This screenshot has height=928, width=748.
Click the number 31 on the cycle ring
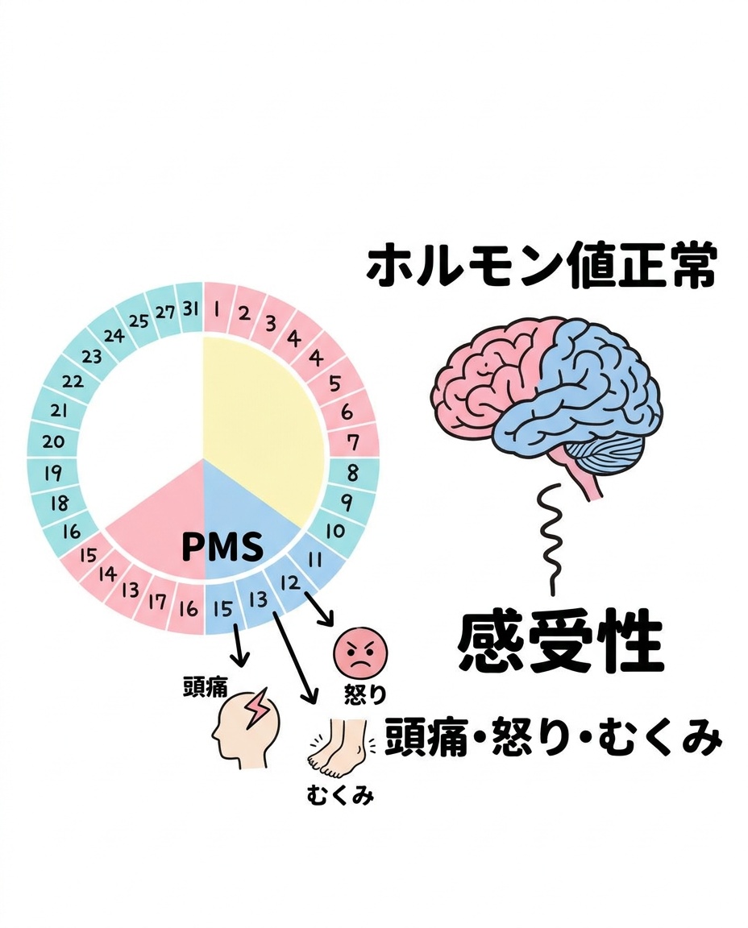[x=190, y=309]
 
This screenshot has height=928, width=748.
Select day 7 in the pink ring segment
[x=353, y=441]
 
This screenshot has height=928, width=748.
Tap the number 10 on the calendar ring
[x=335, y=531]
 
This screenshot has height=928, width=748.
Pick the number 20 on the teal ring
[x=53, y=441]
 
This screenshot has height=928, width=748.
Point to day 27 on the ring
[x=165, y=312]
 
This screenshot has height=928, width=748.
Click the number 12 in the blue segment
[x=290, y=583]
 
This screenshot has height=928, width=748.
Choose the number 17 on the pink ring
[x=157, y=602]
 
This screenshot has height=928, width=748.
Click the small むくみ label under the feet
[x=340, y=796]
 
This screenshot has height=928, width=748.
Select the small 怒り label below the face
[x=365, y=694]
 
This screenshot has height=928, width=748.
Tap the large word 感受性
[x=560, y=642]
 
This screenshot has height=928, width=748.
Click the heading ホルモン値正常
[x=542, y=266]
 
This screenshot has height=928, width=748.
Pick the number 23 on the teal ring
[x=92, y=356]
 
